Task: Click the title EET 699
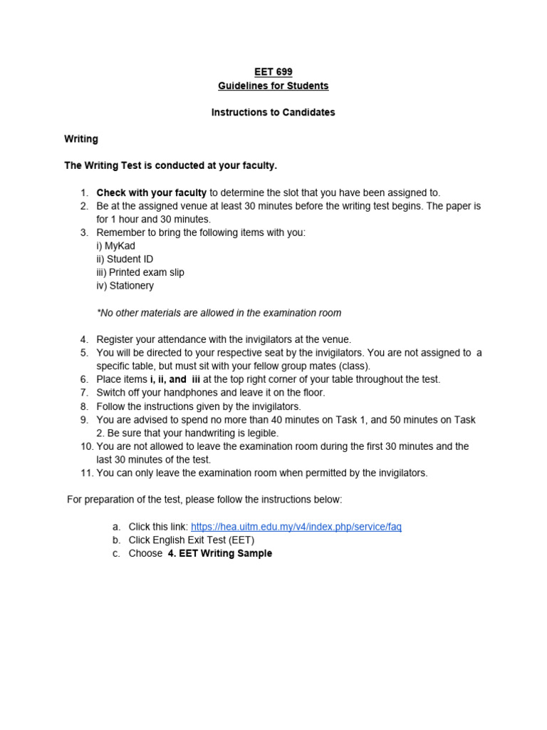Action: point(273,72)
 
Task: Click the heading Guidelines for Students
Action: point(273,86)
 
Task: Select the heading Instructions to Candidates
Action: point(273,113)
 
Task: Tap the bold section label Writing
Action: point(81,139)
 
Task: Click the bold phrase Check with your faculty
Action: point(152,192)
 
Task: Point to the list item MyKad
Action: point(116,246)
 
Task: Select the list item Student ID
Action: point(125,259)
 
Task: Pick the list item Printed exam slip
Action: point(140,272)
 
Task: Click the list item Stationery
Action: point(125,286)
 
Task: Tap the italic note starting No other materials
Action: point(219,313)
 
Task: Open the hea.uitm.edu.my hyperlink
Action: point(296,527)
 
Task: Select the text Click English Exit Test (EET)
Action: point(192,540)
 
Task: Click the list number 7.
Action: point(84,393)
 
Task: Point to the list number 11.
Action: point(85,473)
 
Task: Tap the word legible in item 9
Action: point(261,433)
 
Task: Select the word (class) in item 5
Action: point(353,366)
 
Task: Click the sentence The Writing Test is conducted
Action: point(170,165)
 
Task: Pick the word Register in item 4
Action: point(115,339)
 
